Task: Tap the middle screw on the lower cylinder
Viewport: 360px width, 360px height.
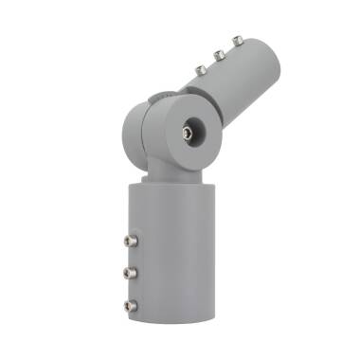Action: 130,273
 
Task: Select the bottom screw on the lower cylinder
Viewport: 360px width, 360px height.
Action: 130,305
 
